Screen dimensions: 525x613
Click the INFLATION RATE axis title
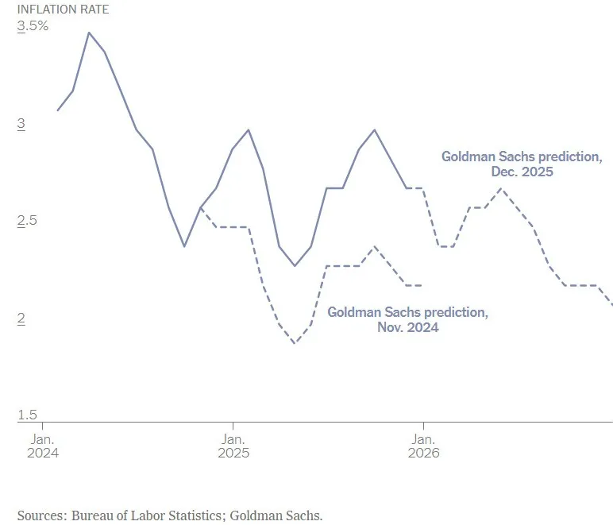coord(63,10)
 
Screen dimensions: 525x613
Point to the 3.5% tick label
coord(33,26)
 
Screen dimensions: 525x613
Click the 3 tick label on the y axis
coord(21,124)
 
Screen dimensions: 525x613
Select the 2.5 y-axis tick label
coord(27,221)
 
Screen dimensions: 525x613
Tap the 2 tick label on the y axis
coord(21,318)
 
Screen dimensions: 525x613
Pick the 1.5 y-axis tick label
coord(27,415)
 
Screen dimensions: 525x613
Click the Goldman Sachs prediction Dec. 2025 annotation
coord(521,164)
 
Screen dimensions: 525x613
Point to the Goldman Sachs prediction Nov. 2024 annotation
coord(407,319)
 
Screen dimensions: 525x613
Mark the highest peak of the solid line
coord(88,33)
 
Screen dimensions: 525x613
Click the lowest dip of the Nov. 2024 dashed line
coord(295,343)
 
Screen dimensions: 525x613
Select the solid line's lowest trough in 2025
coord(295,265)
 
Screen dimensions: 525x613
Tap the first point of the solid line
coord(57,110)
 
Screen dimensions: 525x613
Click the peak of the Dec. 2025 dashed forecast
coord(501,188)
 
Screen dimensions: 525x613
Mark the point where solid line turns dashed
coord(407,188)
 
